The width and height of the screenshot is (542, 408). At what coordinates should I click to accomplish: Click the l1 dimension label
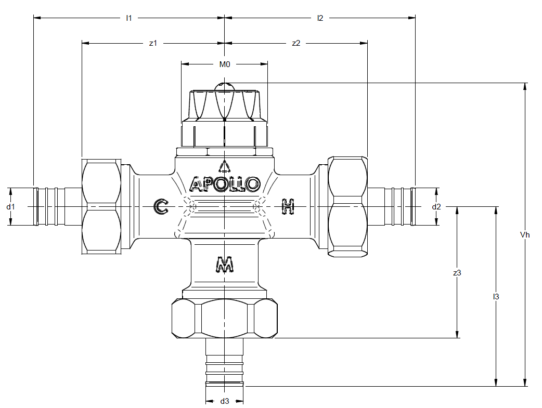pos(128,18)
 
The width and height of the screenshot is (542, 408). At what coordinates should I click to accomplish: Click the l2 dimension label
pos(320,18)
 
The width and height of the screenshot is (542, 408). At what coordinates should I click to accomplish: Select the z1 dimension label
pos(153,43)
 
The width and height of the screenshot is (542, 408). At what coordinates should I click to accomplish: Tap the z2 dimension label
pos(296,43)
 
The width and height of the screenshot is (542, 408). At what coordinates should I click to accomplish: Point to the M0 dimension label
pos(225,64)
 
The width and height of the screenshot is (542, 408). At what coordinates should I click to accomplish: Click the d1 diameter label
pos(11,207)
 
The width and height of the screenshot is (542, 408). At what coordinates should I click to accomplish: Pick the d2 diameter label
pos(436,207)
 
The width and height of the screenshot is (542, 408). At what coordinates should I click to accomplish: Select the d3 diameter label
pos(225,401)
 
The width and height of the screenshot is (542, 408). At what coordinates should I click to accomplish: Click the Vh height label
pos(525,235)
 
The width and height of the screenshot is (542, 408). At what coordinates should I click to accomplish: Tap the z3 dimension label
pos(457,273)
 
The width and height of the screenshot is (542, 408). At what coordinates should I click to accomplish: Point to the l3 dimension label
pos(496,297)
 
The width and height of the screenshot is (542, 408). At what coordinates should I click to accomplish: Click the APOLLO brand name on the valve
pos(225,184)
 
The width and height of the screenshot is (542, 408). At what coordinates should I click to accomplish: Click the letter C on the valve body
pos(161,206)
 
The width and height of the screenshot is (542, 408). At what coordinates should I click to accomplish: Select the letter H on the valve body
pos(288,206)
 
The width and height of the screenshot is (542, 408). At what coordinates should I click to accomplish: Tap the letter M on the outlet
pos(225,264)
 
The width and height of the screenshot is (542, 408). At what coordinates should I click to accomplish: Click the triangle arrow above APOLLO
pos(225,166)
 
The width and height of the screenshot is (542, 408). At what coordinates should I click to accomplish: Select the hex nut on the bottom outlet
pos(225,318)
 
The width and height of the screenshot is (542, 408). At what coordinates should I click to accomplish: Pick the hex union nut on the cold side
pos(101,206)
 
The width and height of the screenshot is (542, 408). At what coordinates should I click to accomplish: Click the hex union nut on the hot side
pos(347,206)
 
